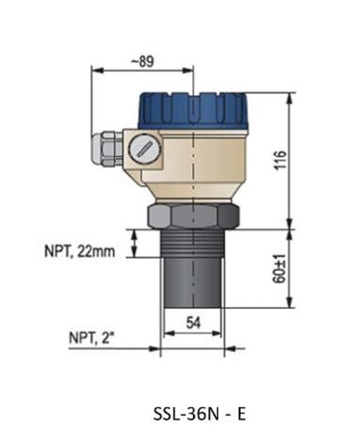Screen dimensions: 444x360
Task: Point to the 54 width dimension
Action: click(192, 324)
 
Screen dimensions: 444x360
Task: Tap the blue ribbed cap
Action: click(191, 111)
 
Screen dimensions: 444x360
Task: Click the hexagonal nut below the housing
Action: click(192, 215)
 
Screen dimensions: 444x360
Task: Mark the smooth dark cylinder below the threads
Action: click(192, 283)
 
